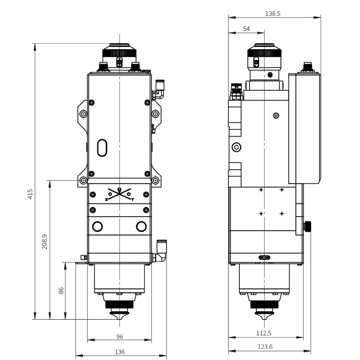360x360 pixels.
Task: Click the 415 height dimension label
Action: click(31, 194)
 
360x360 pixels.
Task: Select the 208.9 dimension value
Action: click(45, 242)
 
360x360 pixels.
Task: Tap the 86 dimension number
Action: click(61, 291)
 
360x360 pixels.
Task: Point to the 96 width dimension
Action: click(120, 337)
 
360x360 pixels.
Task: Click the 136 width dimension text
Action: click(120, 352)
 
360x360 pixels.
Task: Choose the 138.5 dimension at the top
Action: click(273, 14)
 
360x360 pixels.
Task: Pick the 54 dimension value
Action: click(246, 29)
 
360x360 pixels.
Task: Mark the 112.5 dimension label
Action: click(264, 333)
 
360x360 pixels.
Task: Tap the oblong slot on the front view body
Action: click(102, 148)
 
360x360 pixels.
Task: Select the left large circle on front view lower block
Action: click(98, 226)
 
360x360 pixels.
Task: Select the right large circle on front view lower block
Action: click(141, 226)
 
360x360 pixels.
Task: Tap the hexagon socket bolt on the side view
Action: click(237, 147)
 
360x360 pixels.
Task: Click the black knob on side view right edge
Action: click(308, 227)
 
